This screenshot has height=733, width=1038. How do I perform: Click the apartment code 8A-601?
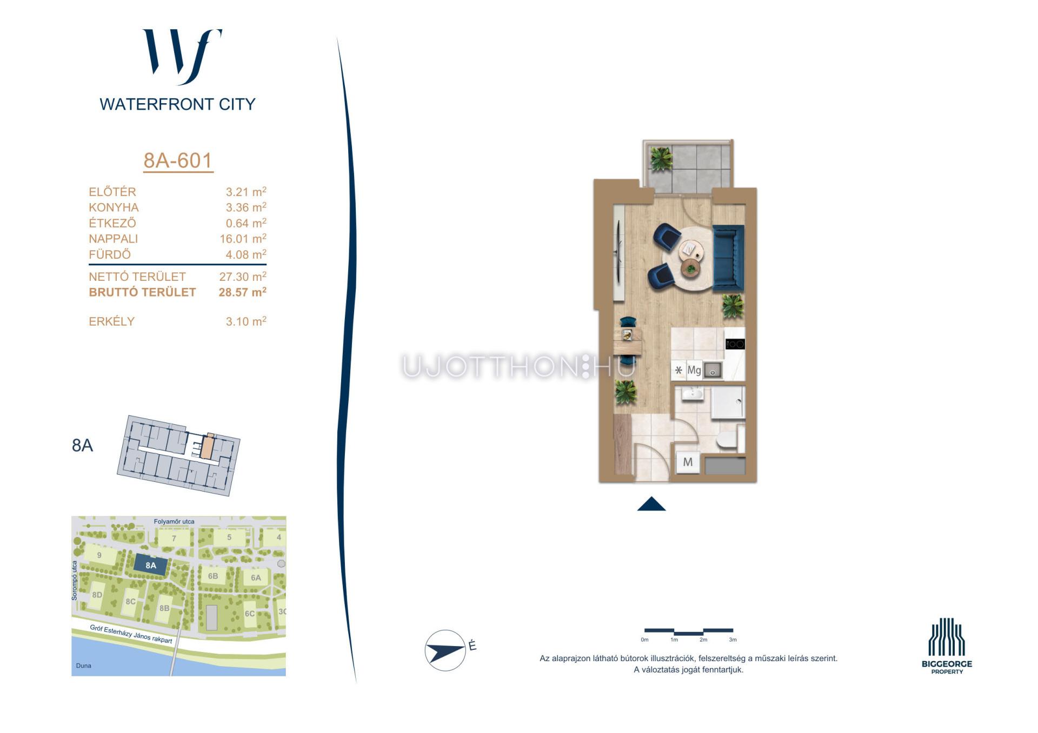(x=178, y=160)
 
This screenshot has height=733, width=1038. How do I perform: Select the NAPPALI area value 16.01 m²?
(x=243, y=238)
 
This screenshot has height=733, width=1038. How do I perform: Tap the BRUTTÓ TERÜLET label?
(x=142, y=292)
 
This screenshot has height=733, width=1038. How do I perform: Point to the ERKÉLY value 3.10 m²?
(x=246, y=321)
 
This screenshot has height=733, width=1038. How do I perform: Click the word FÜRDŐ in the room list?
(x=110, y=254)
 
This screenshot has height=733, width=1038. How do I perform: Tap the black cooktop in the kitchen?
(x=735, y=344)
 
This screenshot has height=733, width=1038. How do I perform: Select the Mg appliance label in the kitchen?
(x=694, y=370)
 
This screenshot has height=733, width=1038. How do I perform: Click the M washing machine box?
(x=688, y=462)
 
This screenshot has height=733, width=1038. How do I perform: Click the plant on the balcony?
(x=661, y=159)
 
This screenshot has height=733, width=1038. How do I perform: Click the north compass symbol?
(x=445, y=650)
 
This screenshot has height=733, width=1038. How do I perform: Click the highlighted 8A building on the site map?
(x=151, y=566)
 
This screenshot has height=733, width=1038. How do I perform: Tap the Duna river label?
(x=84, y=665)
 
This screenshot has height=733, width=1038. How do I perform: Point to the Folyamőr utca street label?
(x=174, y=521)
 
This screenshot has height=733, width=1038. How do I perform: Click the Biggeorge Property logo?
(x=947, y=646)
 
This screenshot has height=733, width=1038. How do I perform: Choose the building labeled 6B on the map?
(x=213, y=576)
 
